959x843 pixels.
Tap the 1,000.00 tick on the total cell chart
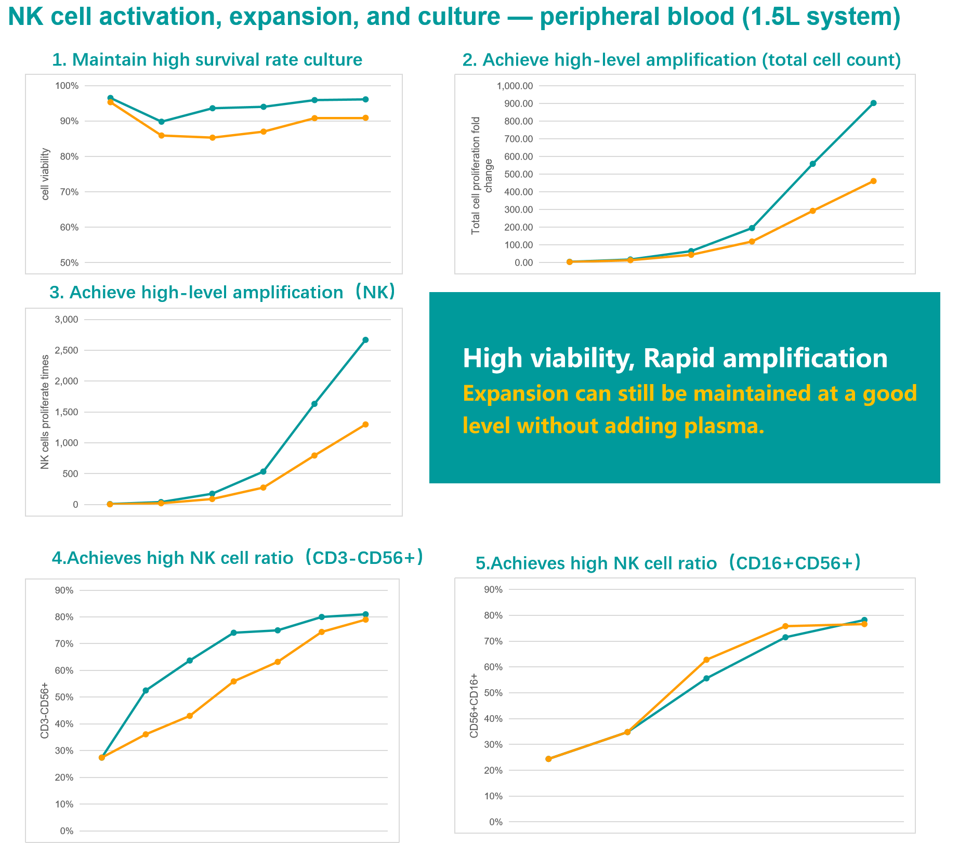pos(515,86)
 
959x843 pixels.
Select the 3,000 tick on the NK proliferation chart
pos(66,320)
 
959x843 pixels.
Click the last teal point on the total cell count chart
pos(873,103)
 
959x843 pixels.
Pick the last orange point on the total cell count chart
pos(873,181)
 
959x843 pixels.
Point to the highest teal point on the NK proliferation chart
pos(365,340)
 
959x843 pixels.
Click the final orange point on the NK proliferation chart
pos(365,425)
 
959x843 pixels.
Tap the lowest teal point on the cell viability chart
pos(161,122)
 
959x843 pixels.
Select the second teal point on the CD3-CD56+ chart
pos(146,690)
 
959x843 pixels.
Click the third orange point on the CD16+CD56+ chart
pos(706,660)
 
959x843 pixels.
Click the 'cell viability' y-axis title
pos(46,174)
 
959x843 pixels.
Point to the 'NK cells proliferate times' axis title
pos(45,412)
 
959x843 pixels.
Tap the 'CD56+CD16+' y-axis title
pos(474,705)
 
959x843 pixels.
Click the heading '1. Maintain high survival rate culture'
pos(207,60)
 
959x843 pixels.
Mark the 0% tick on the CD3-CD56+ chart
pos(67,831)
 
